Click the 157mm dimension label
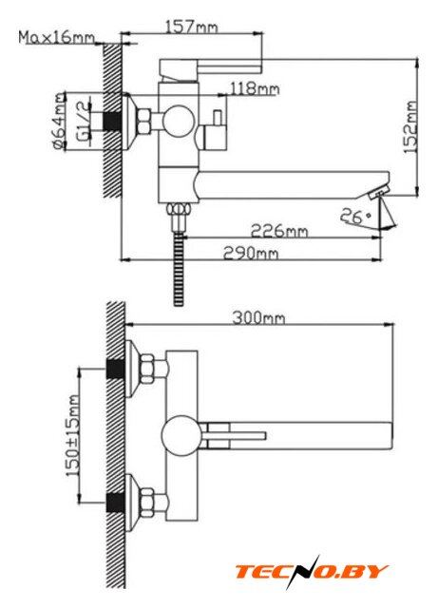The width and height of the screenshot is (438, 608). (192, 28)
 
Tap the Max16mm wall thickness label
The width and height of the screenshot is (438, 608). (57, 38)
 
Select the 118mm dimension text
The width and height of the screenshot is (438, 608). (255, 88)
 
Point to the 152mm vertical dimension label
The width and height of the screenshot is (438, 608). (410, 127)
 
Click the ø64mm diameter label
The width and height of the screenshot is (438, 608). (59, 121)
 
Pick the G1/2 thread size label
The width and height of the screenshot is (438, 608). (83, 121)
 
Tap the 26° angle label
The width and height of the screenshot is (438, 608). (355, 217)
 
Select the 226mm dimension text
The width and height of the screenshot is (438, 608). (279, 231)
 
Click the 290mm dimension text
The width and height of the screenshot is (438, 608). (251, 254)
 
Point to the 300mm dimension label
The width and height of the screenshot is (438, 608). (258, 318)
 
